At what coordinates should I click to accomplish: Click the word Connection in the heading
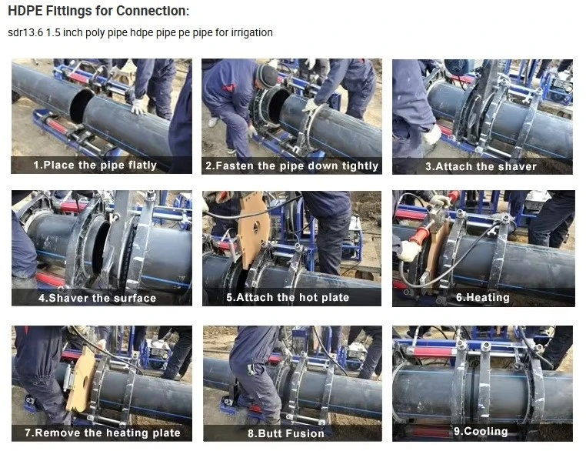coord(152,11)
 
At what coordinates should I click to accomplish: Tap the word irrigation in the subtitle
coord(252,33)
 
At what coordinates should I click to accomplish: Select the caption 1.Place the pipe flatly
coord(95,165)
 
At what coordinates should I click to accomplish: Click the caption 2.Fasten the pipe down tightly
coord(292,165)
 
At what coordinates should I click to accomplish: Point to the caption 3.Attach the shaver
coord(481,166)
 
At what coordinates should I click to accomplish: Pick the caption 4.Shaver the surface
coord(97,298)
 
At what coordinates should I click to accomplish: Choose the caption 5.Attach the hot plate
coord(288,297)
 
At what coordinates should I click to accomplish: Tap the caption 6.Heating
coord(483,297)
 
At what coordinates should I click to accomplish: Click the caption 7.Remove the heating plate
coord(102,433)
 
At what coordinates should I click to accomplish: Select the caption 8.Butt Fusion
coord(286,433)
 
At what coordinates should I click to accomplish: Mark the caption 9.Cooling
coord(481,431)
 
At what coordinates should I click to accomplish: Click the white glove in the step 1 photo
coord(138,106)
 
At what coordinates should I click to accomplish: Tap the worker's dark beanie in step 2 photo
coord(267,75)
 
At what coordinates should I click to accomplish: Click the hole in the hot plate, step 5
coord(256,227)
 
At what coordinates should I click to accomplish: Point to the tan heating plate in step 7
coord(82,380)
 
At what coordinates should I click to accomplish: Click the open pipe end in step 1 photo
coord(80,106)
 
